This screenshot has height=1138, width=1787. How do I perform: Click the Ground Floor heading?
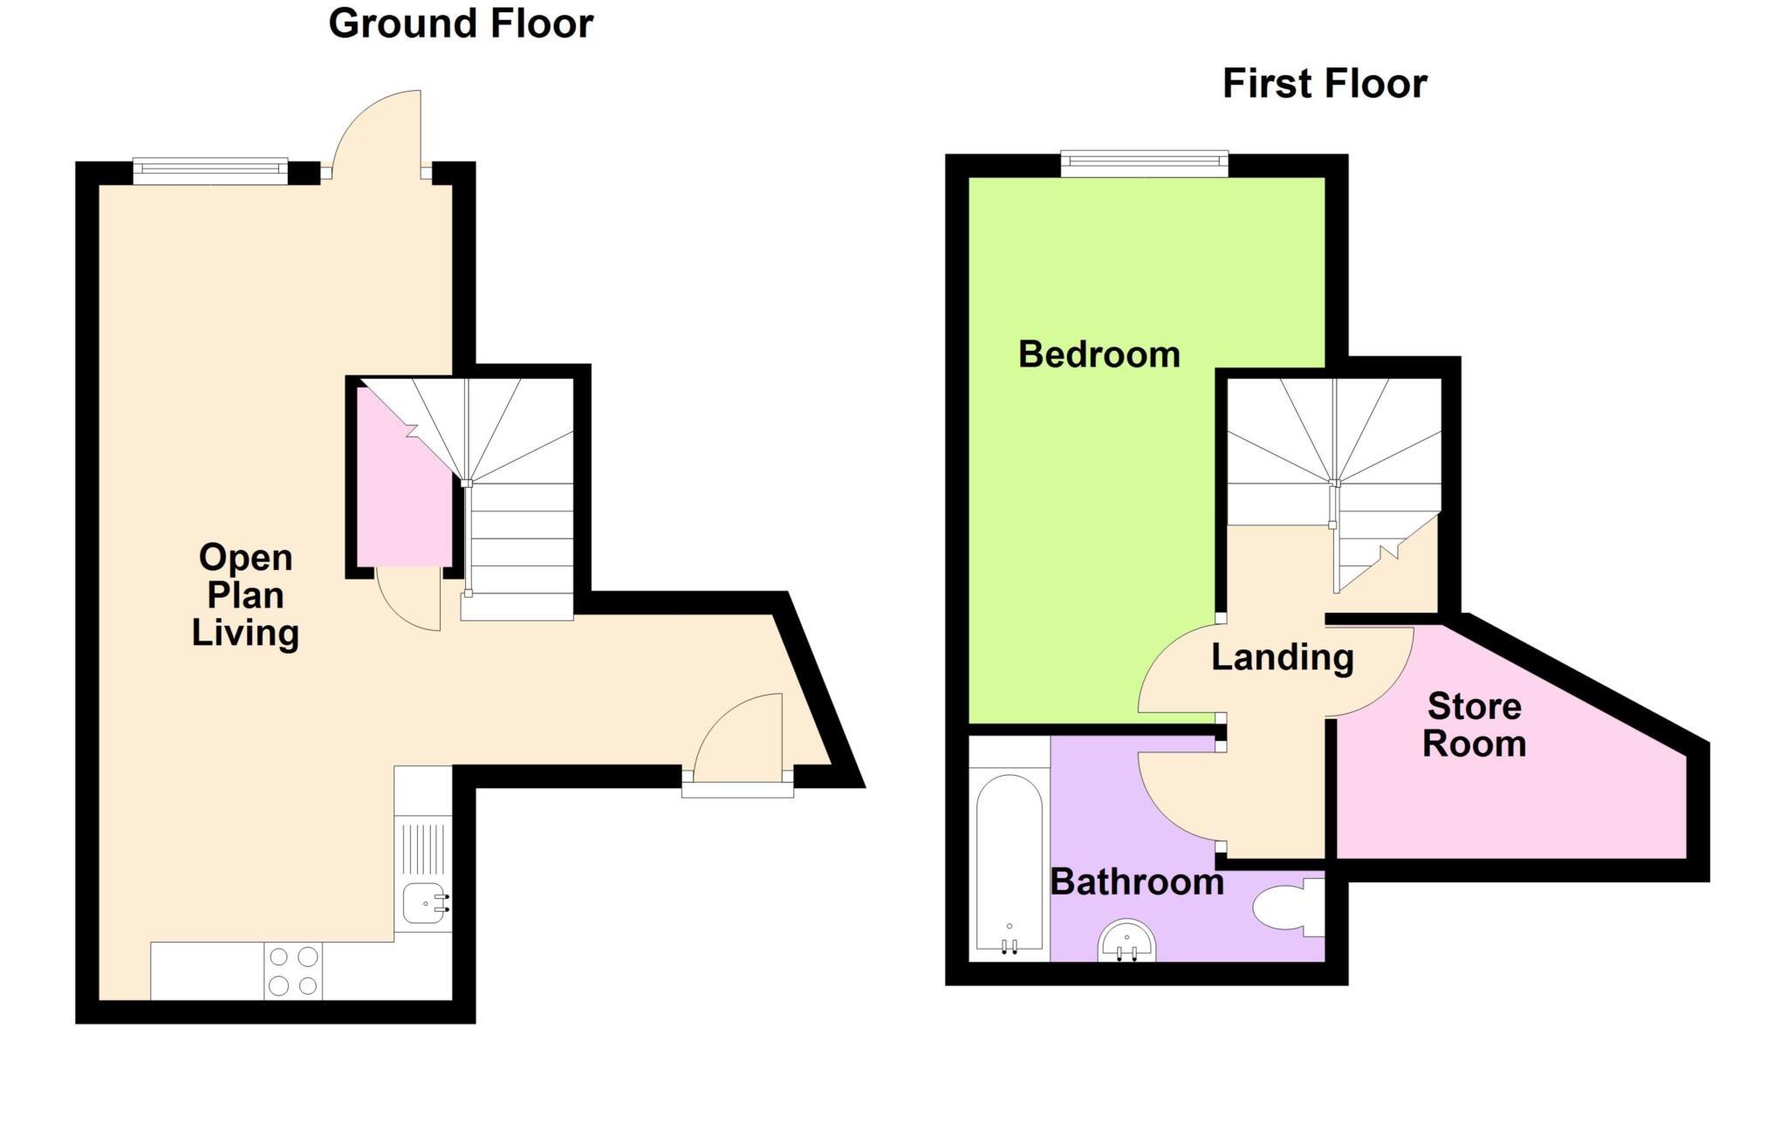click(x=461, y=24)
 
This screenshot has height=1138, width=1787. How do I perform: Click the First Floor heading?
click(x=1324, y=84)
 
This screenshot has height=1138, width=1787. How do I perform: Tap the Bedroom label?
click(x=1099, y=354)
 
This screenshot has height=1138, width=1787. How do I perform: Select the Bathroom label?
click(x=1136, y=882)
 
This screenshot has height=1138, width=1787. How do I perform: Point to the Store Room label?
click(x=1474, y=725)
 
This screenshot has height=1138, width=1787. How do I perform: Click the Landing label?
click(x=1282, y=657)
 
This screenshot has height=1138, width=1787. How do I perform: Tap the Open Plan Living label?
click(x=245, y=595)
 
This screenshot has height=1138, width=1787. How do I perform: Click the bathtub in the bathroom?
click(x=1009, y=862)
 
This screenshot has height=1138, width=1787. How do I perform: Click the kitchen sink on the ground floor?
click(x=424, y=902)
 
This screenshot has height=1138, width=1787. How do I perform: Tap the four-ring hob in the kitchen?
click(x=293, y=970)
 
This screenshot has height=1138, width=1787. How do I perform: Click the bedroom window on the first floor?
click(x=1144, y=162)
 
